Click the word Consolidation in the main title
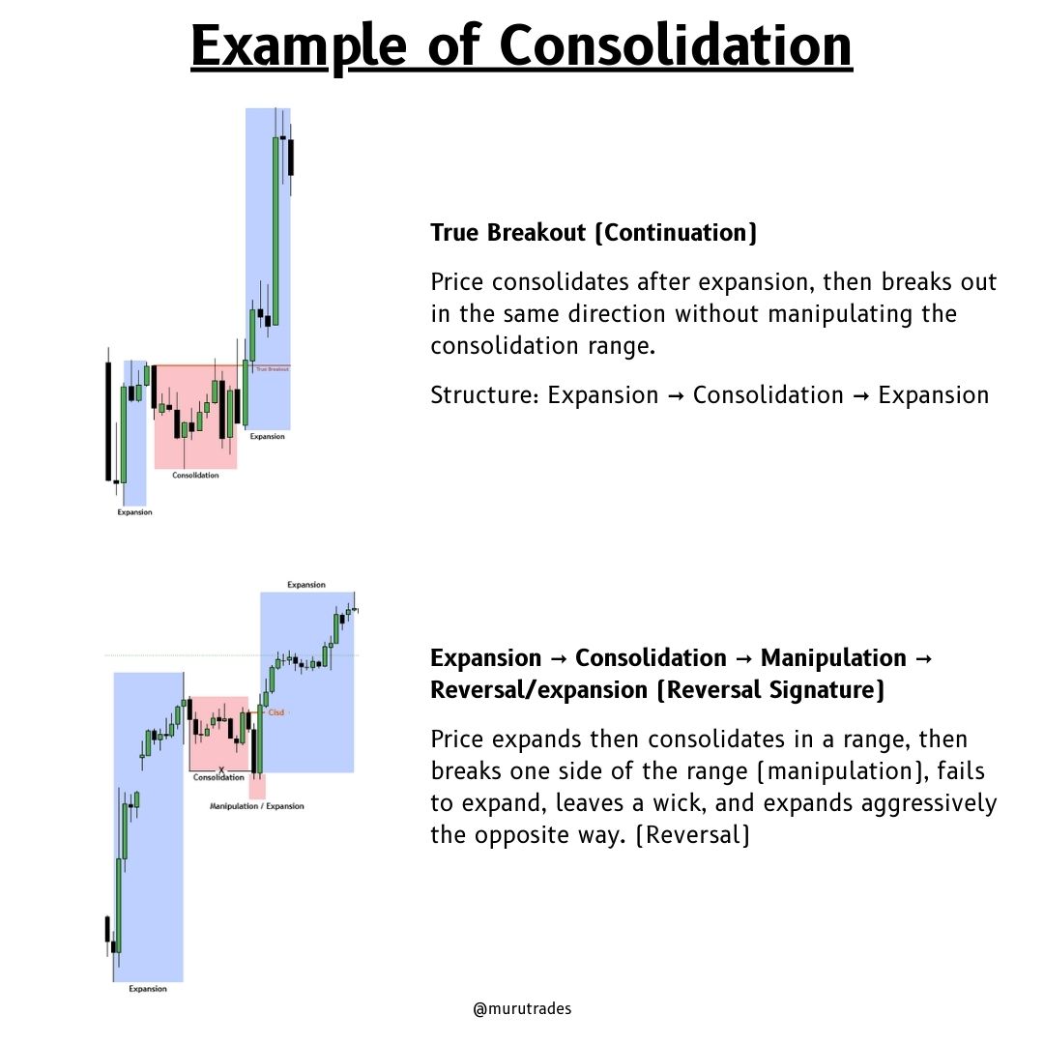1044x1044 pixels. click(676, 45)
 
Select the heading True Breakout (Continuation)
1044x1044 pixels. click(594, 233)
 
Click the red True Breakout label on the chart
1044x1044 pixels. click(272, 369)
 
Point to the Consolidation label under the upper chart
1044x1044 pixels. click(195, 475)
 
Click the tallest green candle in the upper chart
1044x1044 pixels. click(276, 231)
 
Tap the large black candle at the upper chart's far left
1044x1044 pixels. click(108, 420)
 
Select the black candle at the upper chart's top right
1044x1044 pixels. click(291, 157)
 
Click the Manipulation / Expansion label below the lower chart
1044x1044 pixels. click(257, 806)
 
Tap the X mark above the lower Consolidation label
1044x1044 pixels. click(221, 769)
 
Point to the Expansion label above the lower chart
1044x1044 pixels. click(306, 585)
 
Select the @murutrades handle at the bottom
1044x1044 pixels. click(522, 1008)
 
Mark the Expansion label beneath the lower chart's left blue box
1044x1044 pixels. click(148, 989)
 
